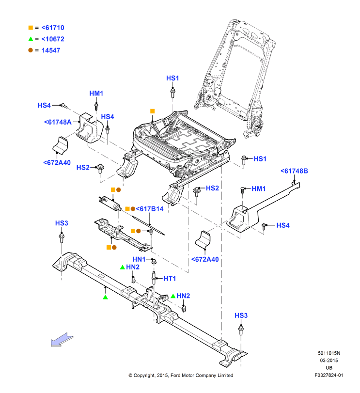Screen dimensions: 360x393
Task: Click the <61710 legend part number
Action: point(53,28)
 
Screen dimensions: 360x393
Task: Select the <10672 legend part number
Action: point(53,39)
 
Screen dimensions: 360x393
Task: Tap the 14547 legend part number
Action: point(51,50)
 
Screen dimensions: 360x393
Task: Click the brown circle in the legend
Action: point(31,50)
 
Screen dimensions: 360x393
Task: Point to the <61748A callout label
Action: point(58,122)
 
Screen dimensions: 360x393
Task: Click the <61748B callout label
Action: point(294,171)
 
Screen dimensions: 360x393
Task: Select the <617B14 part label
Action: point(150,209)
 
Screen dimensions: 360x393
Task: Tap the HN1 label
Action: point(139,259)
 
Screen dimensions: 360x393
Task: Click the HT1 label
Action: point(170,279)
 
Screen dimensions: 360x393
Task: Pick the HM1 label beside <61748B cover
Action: point(259,189)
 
